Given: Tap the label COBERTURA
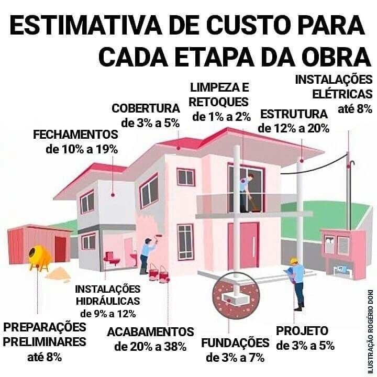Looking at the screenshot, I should click(x=146, y=108).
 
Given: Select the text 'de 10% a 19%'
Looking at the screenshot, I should click(x=82, y=149).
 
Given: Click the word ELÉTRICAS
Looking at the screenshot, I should click(x=341, y=95).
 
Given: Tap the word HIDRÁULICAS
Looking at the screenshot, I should click(x=108, y=301).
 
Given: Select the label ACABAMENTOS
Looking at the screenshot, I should click(x=150, y=332).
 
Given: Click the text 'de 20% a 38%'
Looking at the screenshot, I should click(x=150, y=347).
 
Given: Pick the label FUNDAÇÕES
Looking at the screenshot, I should click(x=235, y=343).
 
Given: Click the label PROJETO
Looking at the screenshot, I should click(x=302, y=331).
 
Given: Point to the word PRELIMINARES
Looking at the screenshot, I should click(x=45, y=342).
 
